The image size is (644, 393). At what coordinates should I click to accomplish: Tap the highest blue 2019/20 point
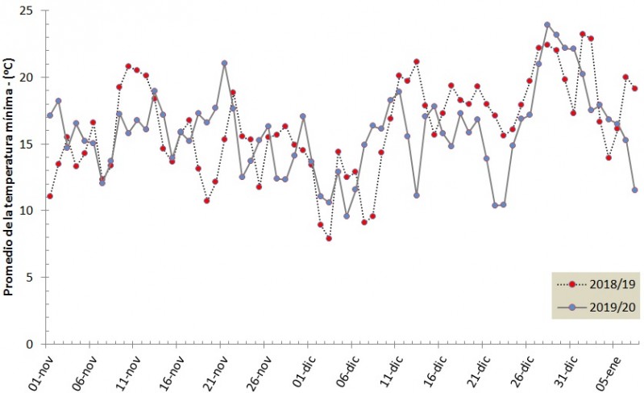pyautogui.click(x=547, y=25)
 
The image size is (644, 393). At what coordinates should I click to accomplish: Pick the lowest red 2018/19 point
pyautogui.click(x=329, y=238)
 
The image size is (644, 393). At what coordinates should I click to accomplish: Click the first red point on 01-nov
pyautogui.click(x=50, y=196)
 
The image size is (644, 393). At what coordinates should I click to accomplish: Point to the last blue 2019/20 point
pyautogui.click(x=635, y=190)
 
